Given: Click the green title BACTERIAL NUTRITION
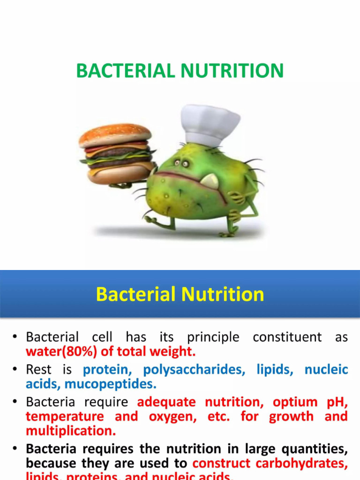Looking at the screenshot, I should coord(180,71).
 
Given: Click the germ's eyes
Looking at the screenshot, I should coord(181,163).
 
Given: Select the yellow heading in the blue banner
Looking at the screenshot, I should coord(180,294).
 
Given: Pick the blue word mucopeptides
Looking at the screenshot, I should coord(111,384).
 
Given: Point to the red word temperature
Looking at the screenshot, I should coord(65,416).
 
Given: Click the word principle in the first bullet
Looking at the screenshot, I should coord(213,337).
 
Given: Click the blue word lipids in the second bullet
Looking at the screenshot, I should coord(275,370).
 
